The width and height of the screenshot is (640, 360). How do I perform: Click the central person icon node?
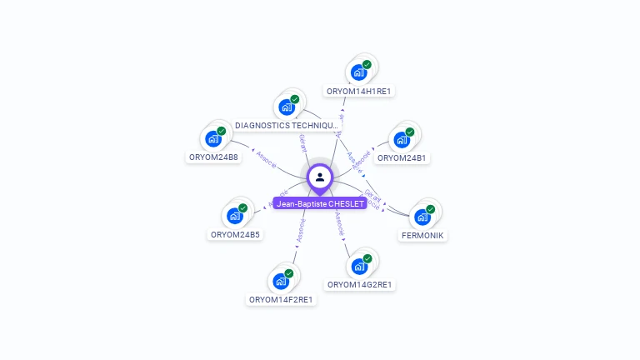pos(320,177)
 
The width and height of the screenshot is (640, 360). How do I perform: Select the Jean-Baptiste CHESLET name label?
pos(320,203)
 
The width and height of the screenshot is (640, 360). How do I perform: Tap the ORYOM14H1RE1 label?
pos(359,91)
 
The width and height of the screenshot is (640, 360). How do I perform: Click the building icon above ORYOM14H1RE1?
pos(359,72)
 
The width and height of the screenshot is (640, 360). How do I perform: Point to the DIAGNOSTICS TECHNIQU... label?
pos(287,126)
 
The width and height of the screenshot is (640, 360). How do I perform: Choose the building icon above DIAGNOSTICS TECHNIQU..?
pos(287,107)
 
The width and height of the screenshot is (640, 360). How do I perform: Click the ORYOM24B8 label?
pos(214,157)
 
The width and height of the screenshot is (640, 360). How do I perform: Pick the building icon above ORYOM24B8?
pos(214,137)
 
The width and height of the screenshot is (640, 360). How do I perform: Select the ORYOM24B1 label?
pos(402,157)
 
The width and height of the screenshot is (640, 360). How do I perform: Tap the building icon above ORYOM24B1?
pos(401,138)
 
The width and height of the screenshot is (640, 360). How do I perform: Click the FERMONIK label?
pos(423,236)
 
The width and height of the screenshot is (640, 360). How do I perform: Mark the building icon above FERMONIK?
pos(423,217)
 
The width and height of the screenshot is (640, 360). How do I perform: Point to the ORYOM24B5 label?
pos(236,235)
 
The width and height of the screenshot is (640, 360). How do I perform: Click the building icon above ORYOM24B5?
pos(236,216)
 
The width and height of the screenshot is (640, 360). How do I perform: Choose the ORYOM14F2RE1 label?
pos(282,300)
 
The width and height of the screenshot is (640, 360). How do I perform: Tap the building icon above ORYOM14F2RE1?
pos(282,281)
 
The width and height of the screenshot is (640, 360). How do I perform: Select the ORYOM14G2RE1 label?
pos(360,285)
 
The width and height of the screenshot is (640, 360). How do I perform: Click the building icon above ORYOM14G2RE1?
pos(359,266)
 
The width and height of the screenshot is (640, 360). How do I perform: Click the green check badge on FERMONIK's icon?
pos(431,209)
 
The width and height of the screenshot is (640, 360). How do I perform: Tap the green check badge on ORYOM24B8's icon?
pos(222,131)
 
